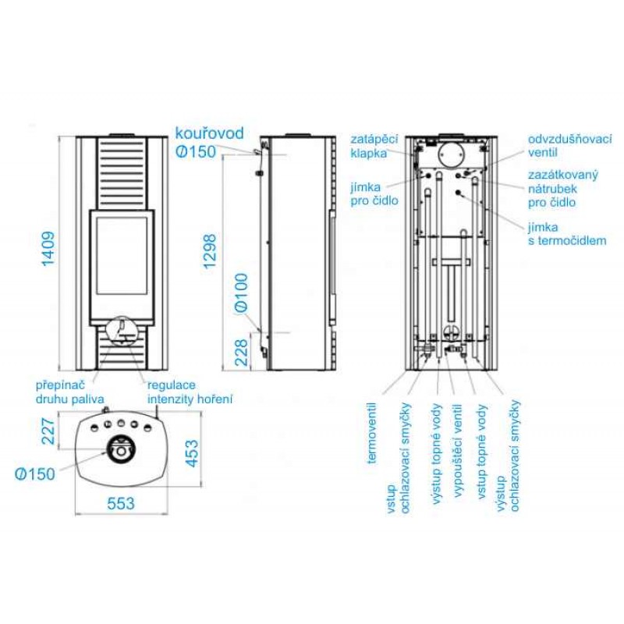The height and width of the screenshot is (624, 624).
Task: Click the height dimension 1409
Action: pyautogui.click(x=48, y=249)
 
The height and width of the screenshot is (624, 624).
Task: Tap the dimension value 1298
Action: pyautogui.click(x=209, y=251)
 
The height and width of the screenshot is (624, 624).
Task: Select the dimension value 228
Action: pyautogui.click(x=242, y=353)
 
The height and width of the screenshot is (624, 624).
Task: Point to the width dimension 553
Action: pyautogui.click(x=121, y=503)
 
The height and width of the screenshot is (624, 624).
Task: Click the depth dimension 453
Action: pyautogui.click(x=191, y=453)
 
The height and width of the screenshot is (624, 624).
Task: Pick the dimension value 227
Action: pyautogui.click(x=48, y=431)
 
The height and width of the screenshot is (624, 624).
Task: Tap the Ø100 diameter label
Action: pyautogui.click(x=242, y=292)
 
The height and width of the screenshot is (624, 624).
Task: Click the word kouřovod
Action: pyautogui.click(x=209, y=133)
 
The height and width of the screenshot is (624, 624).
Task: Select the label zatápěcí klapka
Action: pyautogui.click(x=374, y=146)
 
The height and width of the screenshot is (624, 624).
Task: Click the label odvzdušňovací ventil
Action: pyautogui.click(x=570, y=146)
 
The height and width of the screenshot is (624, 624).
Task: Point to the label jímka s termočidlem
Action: pyautogui.click(x=567, y=233)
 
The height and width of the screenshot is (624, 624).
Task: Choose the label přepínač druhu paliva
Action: pyautogui.click(x=70, y=392)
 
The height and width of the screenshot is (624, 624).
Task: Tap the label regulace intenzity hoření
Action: pyautogui.click(x=190, y=392)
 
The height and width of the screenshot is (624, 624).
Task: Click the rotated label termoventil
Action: pyautogui.click(x=372, y=434)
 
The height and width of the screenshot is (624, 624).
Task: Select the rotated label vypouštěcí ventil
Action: pyautogui.click(x=458, y=451)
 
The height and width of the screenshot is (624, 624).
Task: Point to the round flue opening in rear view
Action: pyautogui.click(x=452, y=154)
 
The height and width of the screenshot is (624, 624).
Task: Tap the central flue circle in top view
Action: pyautogui.click(x=121, y=449)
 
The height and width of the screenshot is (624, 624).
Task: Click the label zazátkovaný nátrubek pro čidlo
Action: pyautogui.click(x=562, y=189)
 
